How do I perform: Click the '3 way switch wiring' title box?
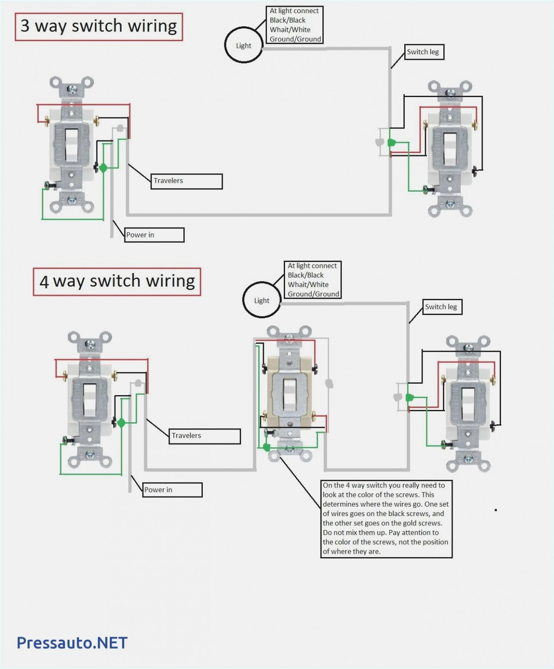pyautogui.click(x=99, y=27)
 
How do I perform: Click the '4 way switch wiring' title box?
pyautogui.click(x=117, y=282)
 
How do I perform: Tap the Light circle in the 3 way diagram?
pyautogui.click(x=243, y=45)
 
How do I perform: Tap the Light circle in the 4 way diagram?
pyautogui.click(x=262, y=300)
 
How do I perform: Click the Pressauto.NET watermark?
pyautogui.click(x=72, y=643)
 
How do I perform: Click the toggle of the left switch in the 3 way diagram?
pyautogui.click(x=71, y=145)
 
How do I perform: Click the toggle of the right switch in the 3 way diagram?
pyautogui.click(x=450, y=148)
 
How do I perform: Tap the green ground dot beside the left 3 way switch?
pyautogui.click(x=103, y=168)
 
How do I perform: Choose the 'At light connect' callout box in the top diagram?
pyautogui.click(x=295, y=25)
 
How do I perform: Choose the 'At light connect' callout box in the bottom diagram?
pyautogui.click(x=313, y=280)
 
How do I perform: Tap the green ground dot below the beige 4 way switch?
pyautogui.click(x=266, y=447)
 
